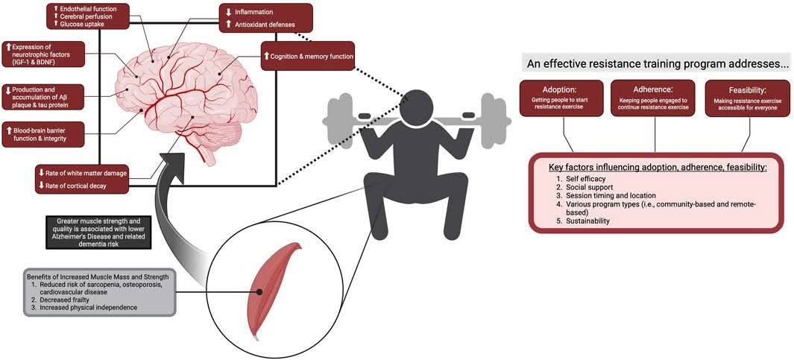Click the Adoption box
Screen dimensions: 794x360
click(x=562, y=98)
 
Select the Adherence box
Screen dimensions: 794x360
click(x=655, y=98)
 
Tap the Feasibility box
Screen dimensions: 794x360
click(x=748, y=98)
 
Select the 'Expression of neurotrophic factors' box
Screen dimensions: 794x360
click(x=43, y=54)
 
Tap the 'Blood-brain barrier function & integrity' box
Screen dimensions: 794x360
click(x=42, y=134)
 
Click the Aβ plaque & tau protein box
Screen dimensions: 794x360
click(x=42, y=97)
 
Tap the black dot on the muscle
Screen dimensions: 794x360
click(x=259, y=292)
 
